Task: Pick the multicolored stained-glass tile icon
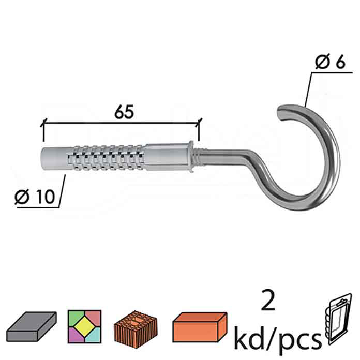[84, 326]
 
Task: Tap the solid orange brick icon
[200, 326]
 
